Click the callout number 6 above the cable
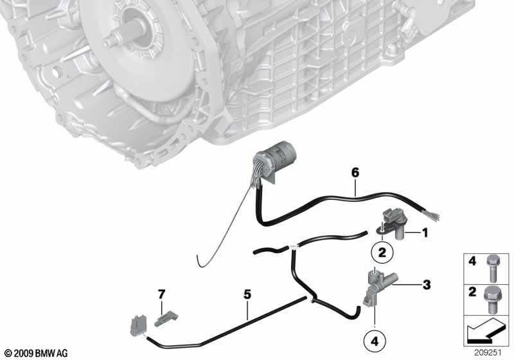point(355,172)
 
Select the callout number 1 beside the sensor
point(425,233)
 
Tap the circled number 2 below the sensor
point(382,253)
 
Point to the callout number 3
point(426,285)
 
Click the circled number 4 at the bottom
point(375,341)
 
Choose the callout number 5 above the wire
point(247,294)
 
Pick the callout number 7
point(162,294)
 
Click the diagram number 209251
point(488,353)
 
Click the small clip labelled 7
point(166,319)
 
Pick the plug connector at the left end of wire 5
point(138,325)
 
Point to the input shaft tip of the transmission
point(108,42)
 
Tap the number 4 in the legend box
point(472,262)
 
